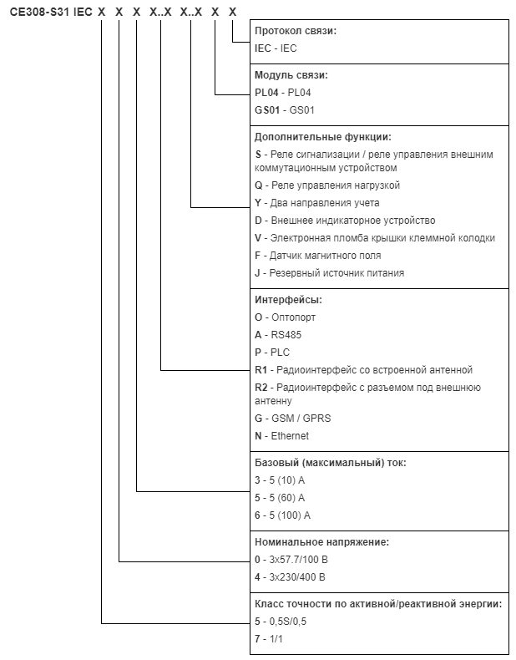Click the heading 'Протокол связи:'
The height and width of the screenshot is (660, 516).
(296, 31)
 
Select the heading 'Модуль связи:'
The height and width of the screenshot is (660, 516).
(291, 75)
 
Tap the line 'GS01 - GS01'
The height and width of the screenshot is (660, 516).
(284, 110)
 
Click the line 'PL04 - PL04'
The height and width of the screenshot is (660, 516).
(282, 93)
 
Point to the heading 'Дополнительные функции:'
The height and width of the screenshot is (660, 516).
(322, 137)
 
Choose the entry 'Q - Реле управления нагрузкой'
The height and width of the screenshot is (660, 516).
(327, 185)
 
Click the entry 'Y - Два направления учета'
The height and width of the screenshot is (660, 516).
(317, 203)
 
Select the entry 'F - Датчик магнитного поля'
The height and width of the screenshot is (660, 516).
(318, 256)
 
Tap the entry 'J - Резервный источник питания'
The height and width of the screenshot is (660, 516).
(329, 273)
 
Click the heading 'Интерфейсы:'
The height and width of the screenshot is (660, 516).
(288, 300)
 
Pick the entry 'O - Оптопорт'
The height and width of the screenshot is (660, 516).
(285, 317)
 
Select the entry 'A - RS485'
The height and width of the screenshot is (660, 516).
(278, 335)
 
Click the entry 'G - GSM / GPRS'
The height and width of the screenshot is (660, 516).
(293, 419)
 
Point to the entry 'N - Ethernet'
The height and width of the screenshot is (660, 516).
(281, 436)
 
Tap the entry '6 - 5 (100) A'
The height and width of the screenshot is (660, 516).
(282, 515)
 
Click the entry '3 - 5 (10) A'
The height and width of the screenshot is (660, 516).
(280, 480)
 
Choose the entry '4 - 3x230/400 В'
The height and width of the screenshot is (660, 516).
(290, 577)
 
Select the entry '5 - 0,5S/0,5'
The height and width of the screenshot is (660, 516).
(281, 622)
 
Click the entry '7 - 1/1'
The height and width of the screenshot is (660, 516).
(269, 639)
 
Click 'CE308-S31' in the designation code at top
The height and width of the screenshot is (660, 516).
(39, 13)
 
